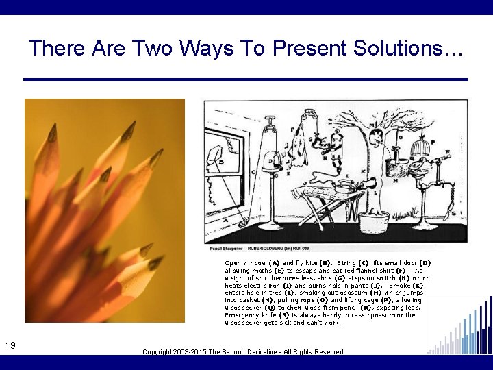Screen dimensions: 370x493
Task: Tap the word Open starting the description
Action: [232, 263]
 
